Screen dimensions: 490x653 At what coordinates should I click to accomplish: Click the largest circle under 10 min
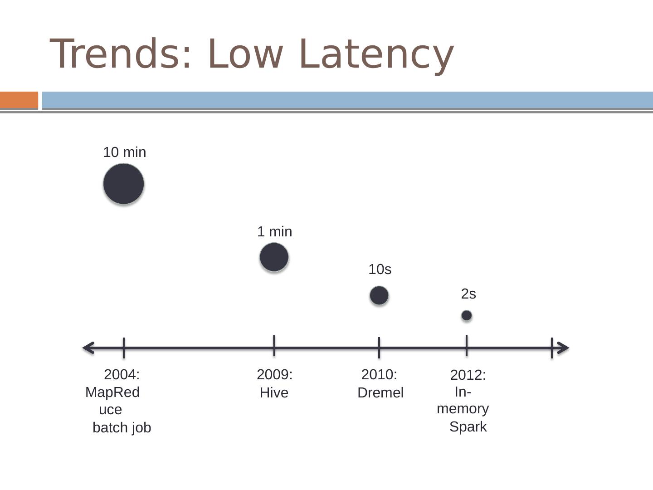click(123, 184)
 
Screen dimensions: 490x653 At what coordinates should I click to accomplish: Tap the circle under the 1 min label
click(274, 257)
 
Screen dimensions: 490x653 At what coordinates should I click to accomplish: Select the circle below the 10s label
click(379, 295)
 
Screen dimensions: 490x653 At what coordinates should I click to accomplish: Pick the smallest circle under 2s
click(467, 315)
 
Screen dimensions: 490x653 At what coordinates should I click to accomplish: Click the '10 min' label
click(125, 152)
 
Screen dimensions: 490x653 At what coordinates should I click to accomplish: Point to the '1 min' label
click(275, 232)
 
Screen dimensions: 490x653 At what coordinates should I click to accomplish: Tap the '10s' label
click(380, 269)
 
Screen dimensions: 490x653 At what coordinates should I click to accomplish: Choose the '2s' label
click(468, 294)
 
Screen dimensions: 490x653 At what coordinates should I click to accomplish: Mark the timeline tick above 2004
click(123, 348)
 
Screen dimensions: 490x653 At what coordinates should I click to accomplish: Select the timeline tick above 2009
click(274, 346)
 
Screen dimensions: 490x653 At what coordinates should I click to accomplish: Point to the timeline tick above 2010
click(379, 348)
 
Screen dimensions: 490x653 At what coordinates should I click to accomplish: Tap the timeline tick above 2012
click(467, 346)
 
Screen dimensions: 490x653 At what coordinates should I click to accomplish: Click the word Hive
click(274, 393)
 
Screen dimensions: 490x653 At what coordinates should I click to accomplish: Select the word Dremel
click(380, 393)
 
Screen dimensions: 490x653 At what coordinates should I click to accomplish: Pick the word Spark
click(468, 427)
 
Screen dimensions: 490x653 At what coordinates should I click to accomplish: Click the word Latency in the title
click(376, 54)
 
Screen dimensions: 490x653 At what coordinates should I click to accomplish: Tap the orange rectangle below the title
click(19, 100)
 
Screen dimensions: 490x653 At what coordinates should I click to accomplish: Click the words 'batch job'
click(122, 428)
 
